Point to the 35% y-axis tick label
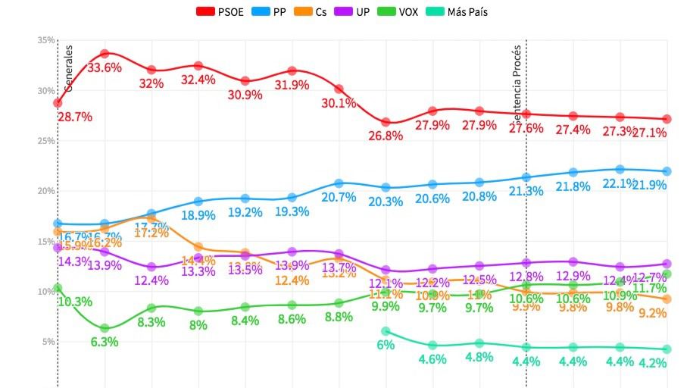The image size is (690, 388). click(x=45, y=40)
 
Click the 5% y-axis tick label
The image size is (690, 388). click(x=47, y=342)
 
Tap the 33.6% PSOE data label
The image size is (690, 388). click(x=105, y=67)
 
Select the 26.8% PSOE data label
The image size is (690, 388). click(x=386, y=136)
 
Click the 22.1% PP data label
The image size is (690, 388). click(x=620, y=183)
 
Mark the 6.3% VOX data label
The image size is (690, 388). click(x=105, y=341)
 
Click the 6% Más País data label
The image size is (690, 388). click(x=386, y=345)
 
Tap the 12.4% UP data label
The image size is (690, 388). click(x=151, y=281)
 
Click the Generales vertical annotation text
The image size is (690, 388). click(x=68, y=68)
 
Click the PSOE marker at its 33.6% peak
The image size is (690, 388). click(x=105, y=54)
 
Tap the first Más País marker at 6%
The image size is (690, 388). click(x=386, y=331)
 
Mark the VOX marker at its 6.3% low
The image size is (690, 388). click(x=105, y=328)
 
